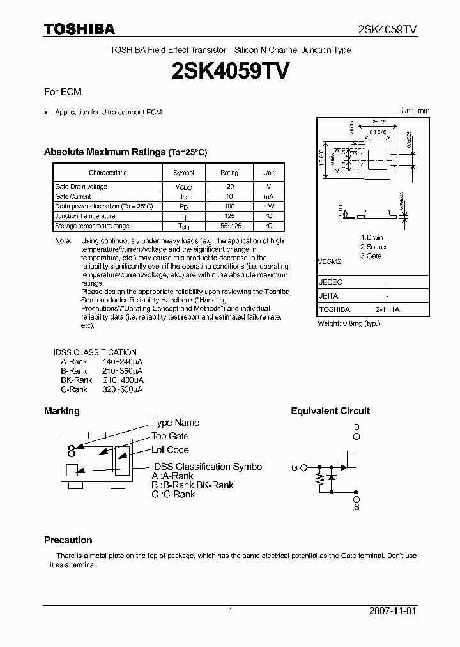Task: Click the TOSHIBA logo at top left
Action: [x=79, y=29]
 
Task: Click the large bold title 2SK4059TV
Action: [x=231, y=71]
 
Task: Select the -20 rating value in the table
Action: [x=229, y=187]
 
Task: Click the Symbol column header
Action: [x=183, y=173]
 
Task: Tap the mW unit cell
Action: [x=269, y=207]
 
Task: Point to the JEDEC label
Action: [x=330, y=282]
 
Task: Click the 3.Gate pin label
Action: [x=371, y=256]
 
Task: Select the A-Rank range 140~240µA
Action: [x=123, y=362]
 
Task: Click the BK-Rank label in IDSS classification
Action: [x=77, y=380]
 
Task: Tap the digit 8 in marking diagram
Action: [x=71, y=451]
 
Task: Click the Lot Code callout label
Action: [x=170, y=450]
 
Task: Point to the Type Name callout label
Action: [x=175, y=423]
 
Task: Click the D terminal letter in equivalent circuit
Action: [x=356, y=426]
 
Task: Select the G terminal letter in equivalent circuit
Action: [x=295, y=467]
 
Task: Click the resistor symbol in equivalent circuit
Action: [x=319, y=479]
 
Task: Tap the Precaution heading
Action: [x=68, y=540]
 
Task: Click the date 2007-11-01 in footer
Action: [x=392, y=611]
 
